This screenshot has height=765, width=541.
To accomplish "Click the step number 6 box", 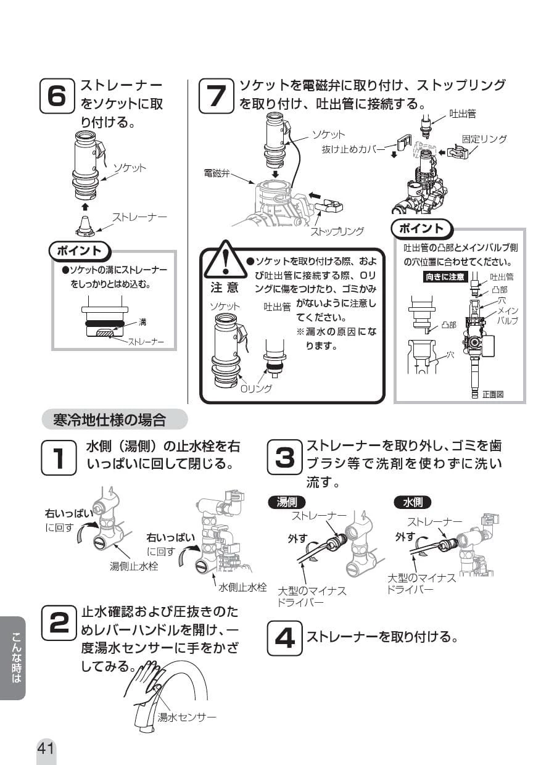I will pyautogui.click(x=56, y=96).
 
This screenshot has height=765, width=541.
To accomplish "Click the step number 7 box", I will pyautogui.click(x=217, y=96).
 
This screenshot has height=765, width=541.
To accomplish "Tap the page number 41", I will pyautogui.click(x=46, y=748).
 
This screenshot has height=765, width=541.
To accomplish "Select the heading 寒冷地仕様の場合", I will pyautogui.click(x=109, y=421).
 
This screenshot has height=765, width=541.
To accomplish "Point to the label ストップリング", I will pyautogui.click(x=336, y=231).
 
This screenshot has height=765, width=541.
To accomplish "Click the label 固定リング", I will pyautogui.click(x=484, y=139).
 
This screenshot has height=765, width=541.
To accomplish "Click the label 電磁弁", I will pyautogui.click(x=217, y=174).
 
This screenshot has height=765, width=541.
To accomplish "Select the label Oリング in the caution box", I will pyautogui.click(x=255, y=389).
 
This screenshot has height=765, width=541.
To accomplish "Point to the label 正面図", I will pyautogui.click(x=493, y=394).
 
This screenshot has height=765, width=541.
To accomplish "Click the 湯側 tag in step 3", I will pyautogui.click(x=286, y=502).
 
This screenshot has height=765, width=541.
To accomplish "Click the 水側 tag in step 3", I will pyautogui.click(x=412, y=502).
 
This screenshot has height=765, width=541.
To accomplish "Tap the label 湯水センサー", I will pyautogui.click(x=187, y=717).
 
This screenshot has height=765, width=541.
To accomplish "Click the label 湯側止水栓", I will pyautogui.click(x=134, y=566).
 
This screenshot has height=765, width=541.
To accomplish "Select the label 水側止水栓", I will pyautogui.click(x=242, y=586).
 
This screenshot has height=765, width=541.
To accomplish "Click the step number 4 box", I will pyautogui.click(x=284, y=637).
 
